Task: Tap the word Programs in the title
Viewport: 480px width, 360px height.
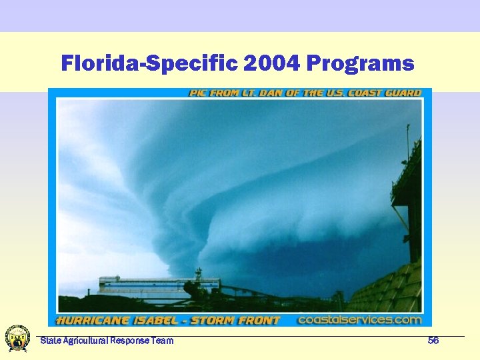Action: [361, 64]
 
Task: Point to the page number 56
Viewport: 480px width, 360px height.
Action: [433, 341]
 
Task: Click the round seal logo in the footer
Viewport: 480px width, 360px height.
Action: [17, 338]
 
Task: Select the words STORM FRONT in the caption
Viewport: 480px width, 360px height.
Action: [236, 321]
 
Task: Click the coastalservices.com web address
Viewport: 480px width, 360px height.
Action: [359, 320]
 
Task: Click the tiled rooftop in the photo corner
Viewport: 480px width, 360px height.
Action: [393, 290]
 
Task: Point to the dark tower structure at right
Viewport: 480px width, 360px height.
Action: [408, 200]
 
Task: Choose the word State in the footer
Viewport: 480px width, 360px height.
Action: [49, 341]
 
